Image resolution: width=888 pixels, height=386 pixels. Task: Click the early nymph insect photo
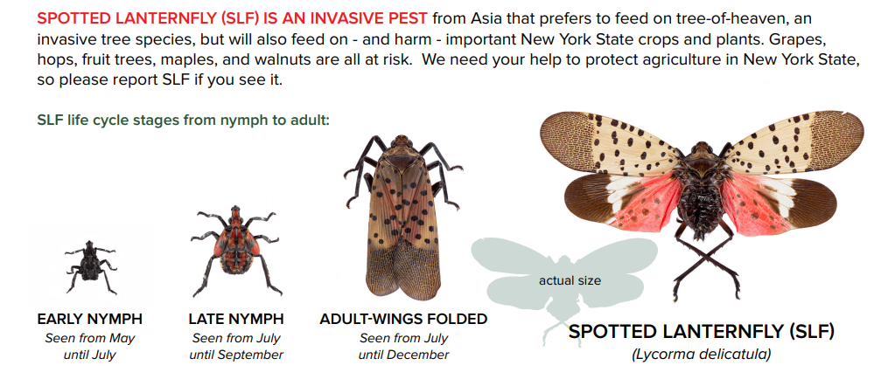89,266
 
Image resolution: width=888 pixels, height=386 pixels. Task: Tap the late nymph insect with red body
233,245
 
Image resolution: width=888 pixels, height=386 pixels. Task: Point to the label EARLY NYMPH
89,320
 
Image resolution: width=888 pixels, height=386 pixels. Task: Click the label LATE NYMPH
236,320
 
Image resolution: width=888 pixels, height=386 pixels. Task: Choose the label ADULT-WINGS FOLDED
403,320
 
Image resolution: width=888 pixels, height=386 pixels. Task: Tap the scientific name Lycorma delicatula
701,354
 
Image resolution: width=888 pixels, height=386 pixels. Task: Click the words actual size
570,280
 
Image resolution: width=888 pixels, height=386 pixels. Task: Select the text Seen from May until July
89,346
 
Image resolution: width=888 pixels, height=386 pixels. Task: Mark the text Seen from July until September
236,346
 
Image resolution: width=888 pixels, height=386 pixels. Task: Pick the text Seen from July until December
403,346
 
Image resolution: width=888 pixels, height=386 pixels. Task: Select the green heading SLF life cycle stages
184,120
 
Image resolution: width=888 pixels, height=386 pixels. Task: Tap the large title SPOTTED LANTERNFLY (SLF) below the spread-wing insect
701,332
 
